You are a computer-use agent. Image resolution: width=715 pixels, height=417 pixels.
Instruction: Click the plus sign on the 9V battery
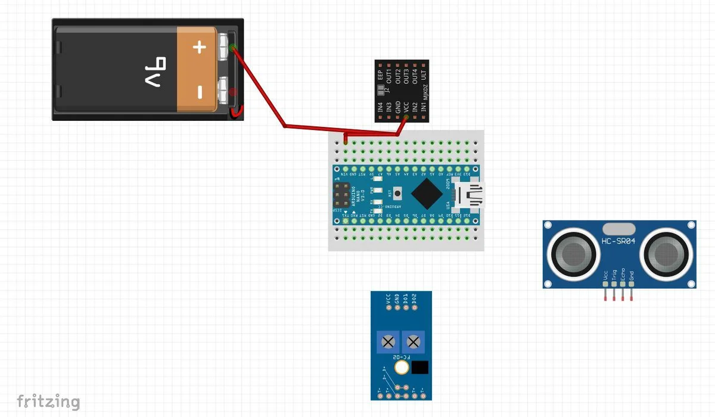pyautogui.click(x=200, y=46)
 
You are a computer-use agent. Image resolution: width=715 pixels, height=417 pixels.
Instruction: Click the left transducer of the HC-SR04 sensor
pyautogui.click(x=574, y=254)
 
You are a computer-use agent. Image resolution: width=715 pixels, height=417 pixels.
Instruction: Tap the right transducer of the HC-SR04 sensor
pyautogui.click(x=665, y=254)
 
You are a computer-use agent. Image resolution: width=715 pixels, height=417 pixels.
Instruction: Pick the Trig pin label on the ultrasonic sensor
pyautogui.click(x=614, y=275)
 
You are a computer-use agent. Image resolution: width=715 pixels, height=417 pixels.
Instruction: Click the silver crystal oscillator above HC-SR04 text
pyautogui.click(x=619, y=228)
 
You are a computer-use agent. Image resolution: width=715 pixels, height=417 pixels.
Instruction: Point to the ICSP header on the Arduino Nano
pyautogui.click(x=344, y=194)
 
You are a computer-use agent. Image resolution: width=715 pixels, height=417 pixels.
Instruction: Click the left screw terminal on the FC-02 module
pyautogui.click(x=388, y=343)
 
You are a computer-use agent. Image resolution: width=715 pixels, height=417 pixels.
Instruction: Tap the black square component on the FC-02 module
pyautogui.click(x=420, y=368)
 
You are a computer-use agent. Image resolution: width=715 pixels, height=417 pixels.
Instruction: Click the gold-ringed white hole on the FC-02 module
pyautogui.click(x=402, y=368)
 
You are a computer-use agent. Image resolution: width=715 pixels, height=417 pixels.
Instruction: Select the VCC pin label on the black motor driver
pyautogui.click(x=406, y=108)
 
